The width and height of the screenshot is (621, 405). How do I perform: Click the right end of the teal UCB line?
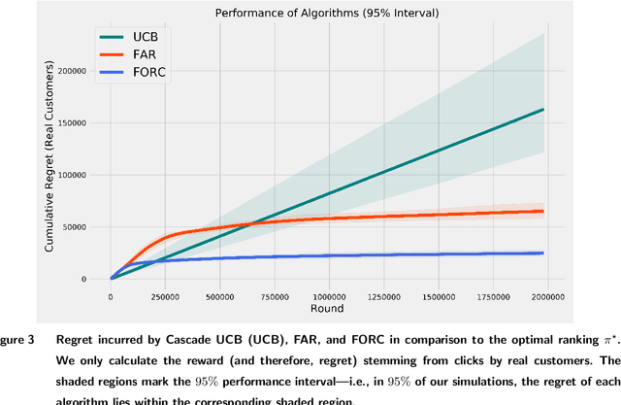543,109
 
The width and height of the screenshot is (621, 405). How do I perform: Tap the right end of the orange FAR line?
543,211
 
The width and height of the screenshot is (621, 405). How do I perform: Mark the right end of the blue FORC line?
543,253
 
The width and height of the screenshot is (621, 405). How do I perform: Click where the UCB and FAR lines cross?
250,224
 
